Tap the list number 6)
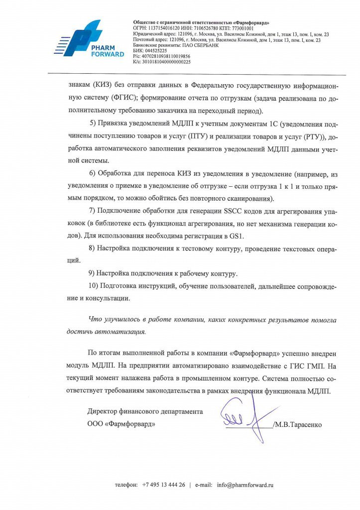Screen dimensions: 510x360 click(x=92, y=174)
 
